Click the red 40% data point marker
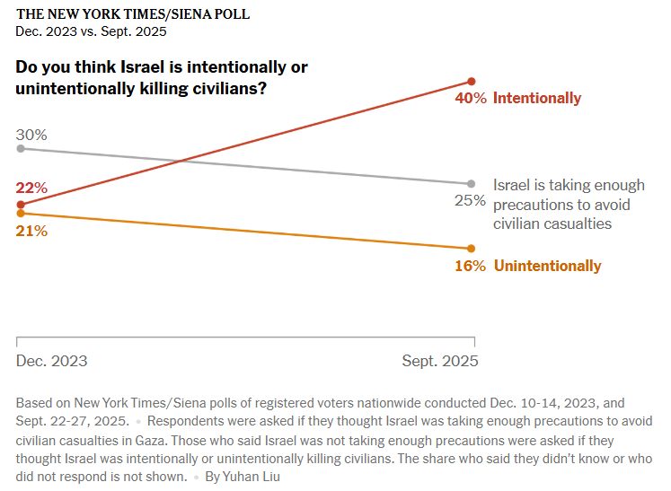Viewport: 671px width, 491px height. click(x=472, y=81)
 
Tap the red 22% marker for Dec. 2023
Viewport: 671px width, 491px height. click(x=21, y=205)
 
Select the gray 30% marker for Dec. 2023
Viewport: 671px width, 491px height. click(x=21, y=148)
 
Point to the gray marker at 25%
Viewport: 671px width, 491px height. click(x=472, y=183)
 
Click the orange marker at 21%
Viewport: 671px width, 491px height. click(x=21, y=213)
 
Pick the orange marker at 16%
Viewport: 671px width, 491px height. click(x=472, y=249)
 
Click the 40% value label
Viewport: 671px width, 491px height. click(x=471, y=99)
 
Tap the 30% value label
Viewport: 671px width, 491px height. click(x=31, y=135)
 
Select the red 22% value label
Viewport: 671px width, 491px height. click(x=31, y=188)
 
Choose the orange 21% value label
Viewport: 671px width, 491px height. click(x=31, y=231)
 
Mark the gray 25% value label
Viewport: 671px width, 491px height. click(x=470, y=200)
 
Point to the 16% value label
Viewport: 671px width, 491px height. click(x=470, y=266)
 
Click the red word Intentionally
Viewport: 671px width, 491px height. click(x=537, y=99)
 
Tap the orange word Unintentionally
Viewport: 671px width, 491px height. click(x=547, y=266)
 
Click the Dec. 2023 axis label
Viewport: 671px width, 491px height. click(x=52, y=361)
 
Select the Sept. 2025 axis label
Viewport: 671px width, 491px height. click(x=440, y=361)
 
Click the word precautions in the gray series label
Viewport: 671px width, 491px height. click(x=537, y=205)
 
